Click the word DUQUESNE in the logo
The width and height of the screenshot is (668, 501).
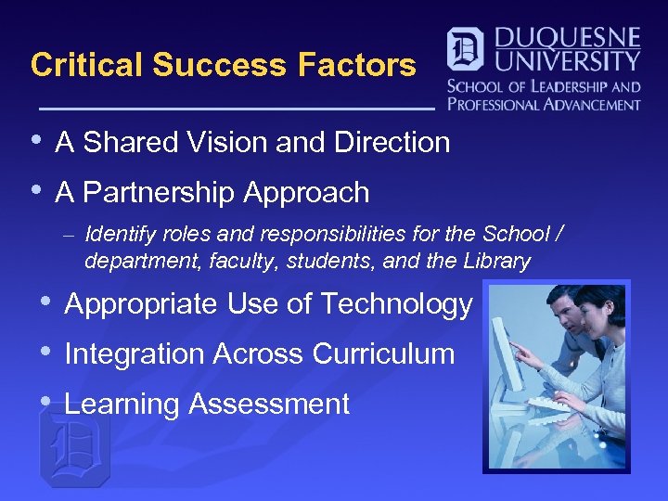click(x=569, y=39)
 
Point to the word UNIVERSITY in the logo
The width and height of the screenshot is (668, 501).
click(x=568, y=62)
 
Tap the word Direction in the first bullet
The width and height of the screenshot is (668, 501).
click(x=392, y=143)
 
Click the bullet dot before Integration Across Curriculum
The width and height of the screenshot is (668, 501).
click(x=45, y=352)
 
